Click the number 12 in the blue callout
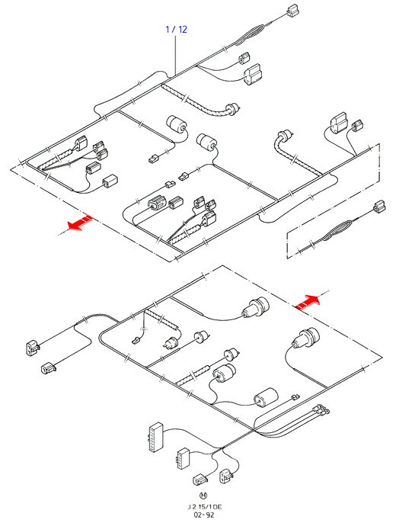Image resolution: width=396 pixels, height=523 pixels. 183,29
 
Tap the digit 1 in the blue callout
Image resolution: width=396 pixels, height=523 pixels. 168,29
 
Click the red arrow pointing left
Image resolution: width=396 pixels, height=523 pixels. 79,223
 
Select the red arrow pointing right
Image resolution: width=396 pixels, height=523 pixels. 308,303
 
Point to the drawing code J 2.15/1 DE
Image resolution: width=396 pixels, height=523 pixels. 204,507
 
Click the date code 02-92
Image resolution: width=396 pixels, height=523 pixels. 204,515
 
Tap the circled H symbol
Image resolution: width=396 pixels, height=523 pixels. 203,496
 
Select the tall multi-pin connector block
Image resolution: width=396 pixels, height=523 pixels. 155,438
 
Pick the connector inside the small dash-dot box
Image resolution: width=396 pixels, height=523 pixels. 379,207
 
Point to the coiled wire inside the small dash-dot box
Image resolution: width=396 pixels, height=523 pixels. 337,230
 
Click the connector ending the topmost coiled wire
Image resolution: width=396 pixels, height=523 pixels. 293,11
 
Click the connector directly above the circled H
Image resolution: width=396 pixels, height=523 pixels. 200,480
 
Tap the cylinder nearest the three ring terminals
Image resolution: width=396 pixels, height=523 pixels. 266,398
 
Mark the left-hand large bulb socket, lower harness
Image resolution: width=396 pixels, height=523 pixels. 256,307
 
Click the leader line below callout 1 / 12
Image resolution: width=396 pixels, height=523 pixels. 175,56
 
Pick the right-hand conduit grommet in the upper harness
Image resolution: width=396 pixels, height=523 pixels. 286,136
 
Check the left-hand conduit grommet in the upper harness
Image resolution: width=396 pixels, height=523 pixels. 233,109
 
